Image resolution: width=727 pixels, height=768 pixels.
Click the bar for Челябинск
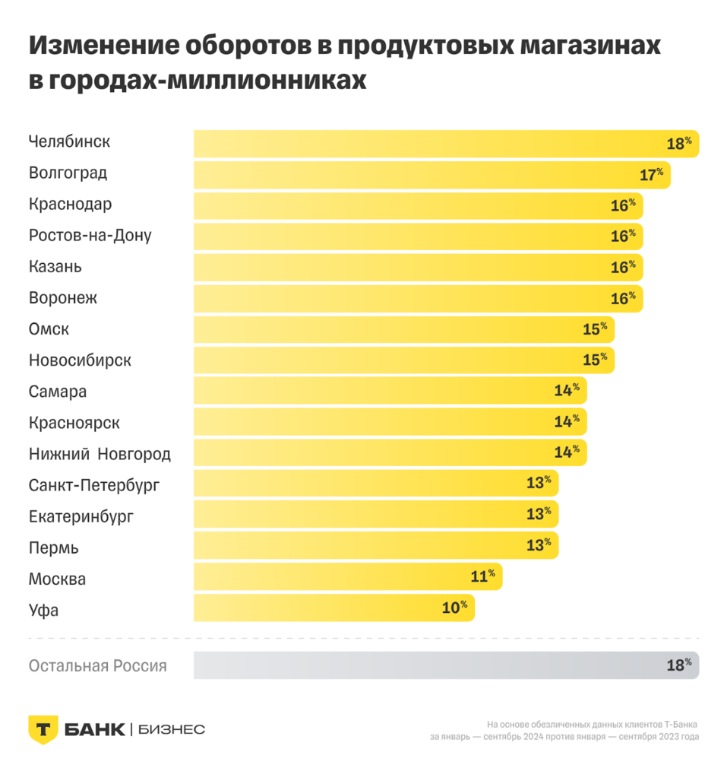[x=446, y=144]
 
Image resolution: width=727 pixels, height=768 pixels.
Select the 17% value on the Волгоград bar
[x=651, y=175]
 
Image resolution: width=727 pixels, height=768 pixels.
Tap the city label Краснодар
[x=70, y=205]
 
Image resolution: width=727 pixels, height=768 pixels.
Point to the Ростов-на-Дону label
[x=90, y=236]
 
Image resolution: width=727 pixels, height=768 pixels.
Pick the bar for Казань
[x=418, y=268]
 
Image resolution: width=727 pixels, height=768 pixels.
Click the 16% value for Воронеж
[x=623, y=299]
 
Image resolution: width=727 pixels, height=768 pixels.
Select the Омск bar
[x=403, y=330]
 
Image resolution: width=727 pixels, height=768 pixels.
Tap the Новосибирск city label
[x=80, y=360]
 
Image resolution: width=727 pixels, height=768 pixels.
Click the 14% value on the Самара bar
[x=567, y=391]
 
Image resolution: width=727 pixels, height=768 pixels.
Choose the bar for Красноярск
[x=390, y=422]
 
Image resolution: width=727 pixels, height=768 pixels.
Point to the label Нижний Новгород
[x=100, y=455]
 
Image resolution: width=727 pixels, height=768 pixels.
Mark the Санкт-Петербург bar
[x=376, y=484]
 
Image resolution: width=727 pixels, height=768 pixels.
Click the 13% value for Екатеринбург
[x=539, y=515]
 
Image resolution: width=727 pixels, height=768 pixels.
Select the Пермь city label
[x=53, y=548]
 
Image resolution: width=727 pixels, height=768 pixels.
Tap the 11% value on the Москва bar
[x=482, y=577]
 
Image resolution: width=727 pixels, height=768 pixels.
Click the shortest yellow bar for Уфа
[x=334, y=608]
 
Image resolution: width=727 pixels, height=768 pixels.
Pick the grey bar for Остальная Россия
[x=446, y=665]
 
